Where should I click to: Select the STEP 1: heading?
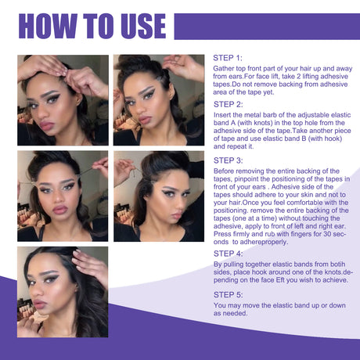click(x=228, y=59)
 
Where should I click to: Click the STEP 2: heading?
click(x=229, y=103)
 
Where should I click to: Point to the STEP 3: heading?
click(x=229, y=160)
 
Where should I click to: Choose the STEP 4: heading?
click(x=229, y=254)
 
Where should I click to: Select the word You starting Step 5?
click(x=220, y=305)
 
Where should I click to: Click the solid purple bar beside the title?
click(x=262, y=25)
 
